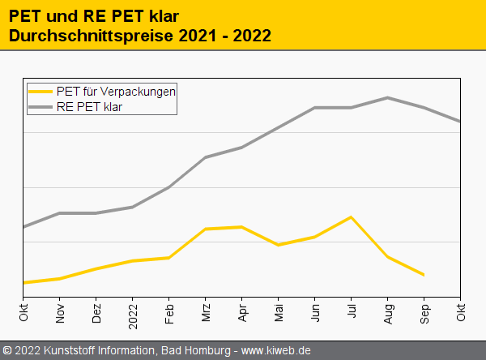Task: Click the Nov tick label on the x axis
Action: click(x=60, y=312)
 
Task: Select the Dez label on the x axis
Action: click(x=96, y=313)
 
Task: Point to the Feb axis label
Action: click(x=169, y=312)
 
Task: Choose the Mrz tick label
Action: click(x=206, y=312)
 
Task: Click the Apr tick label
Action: click(x=242, y=312)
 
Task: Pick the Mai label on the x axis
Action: click(x=279, y=312)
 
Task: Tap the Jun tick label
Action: click(x=315, y=312)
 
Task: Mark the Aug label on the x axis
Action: click(x=388, y=312)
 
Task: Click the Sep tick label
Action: click(x=424, y=312)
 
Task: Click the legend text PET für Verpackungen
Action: click(x=117, y=92)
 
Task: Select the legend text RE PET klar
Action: click(x=90, y=106)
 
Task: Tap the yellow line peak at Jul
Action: click(x=351, y=217)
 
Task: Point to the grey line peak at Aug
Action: click(x=388, y=98)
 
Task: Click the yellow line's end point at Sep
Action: click(x=424, y=275)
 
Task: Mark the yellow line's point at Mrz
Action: click(x=206, y=229)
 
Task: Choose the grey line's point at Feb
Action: click(x=169, y=187)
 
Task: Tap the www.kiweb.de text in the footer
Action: click(x=276, y=350)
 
